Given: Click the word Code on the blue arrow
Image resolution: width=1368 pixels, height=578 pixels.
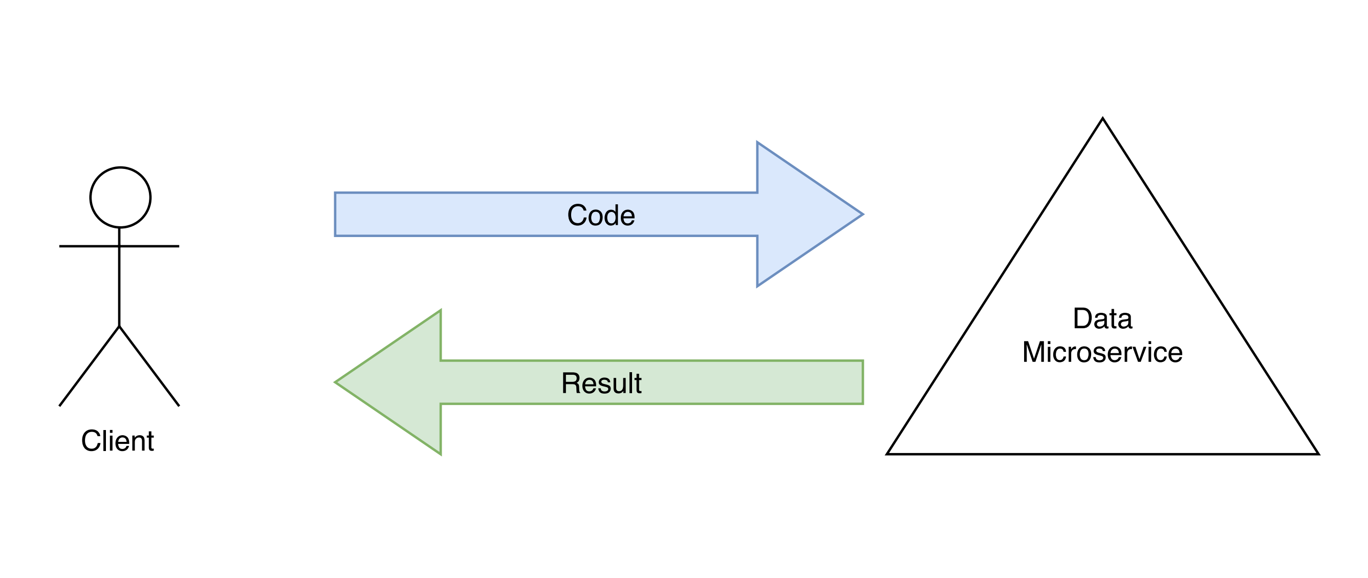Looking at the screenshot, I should (601, 215).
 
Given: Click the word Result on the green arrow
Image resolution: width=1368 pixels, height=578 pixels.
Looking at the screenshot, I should (601, 383).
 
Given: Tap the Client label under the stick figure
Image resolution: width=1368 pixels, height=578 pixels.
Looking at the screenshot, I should (117, 440).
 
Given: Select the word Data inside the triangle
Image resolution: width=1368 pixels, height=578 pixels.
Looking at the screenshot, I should (1102, 319).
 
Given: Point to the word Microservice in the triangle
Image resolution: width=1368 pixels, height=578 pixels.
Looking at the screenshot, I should (1102, 352).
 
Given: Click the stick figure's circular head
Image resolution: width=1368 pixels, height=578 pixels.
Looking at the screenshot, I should (120, 197).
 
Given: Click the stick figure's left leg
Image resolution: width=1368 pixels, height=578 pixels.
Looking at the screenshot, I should (89, 366).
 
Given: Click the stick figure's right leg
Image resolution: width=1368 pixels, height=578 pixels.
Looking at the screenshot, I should (149, 366).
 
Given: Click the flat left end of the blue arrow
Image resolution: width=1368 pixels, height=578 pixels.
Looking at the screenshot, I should (336, 214).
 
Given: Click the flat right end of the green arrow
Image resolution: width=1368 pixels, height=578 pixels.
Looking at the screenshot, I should (861, 382).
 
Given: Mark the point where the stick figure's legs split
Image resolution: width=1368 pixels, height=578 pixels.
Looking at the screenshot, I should (119, 326).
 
